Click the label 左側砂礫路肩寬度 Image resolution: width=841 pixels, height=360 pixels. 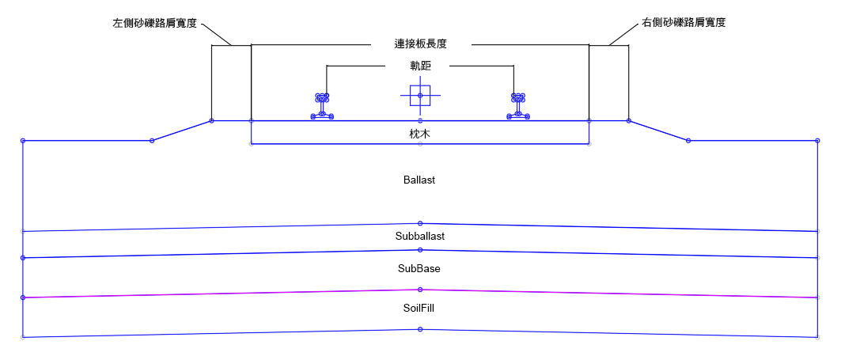pyautogui.click(x=154, y=23)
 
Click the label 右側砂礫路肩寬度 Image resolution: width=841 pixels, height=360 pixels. pyautogui.click(x=683, y=23)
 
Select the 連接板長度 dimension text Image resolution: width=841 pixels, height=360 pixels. pyautogui.click(x=420, y=44)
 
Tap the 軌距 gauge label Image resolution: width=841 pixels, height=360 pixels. pyautogui.click(x=420, y=66)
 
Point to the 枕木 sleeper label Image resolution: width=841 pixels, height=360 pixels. pyautogui.click(x=420, y=135)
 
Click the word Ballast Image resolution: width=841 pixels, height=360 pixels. pyautogui.click(x=419, y=180)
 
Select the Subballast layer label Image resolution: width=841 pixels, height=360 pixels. pyautogui.click(x=420, y=236)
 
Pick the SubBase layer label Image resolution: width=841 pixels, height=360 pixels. pyautogui.click(x=419, y=269)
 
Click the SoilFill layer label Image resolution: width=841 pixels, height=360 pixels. pyautogui.click(x=419, y=309)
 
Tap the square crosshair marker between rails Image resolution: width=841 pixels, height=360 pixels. pyautogui.click(x=420, y=96)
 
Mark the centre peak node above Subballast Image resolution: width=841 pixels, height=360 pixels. pyautogui.click(x=420, y=223)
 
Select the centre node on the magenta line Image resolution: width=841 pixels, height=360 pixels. pyautogui.click(x=420, y=290)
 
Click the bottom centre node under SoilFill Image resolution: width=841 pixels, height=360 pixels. pyautogui.click(x=420, y=329)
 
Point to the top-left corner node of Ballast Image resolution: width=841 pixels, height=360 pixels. pyautogui.click(x=23, y=141)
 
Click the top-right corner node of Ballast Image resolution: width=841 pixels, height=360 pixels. pyautogui.click(x=817, y=141)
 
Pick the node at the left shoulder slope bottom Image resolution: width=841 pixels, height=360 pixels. pyautogui.click(x=152, y=141)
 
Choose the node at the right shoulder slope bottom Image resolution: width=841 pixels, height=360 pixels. pyautogui.click(x=688, y=141)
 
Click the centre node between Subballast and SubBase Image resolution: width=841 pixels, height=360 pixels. pyautogui.click(x=420, y=250)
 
